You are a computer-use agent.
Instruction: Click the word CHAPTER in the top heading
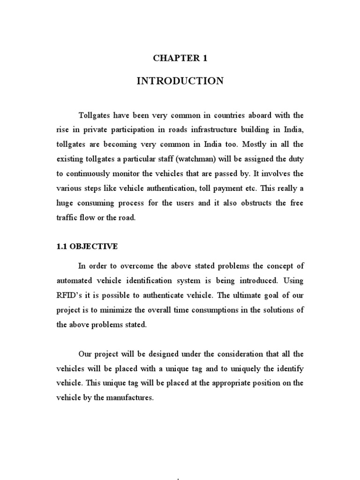170,58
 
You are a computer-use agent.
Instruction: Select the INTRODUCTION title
180,81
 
